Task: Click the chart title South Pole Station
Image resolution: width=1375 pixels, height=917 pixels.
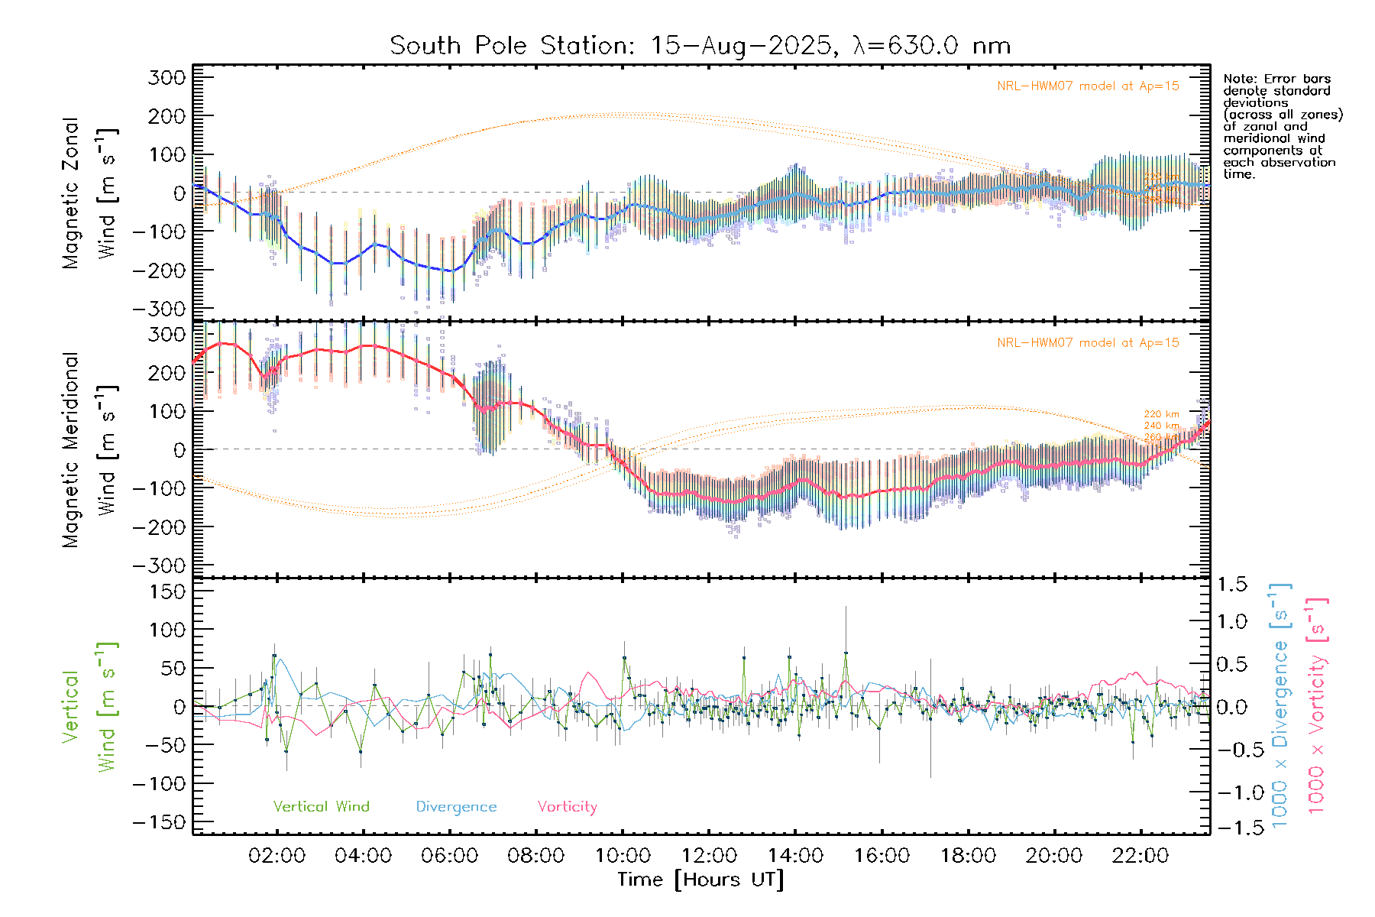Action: point(700,46)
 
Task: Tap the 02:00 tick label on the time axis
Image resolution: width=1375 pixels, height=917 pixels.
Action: point(277,856)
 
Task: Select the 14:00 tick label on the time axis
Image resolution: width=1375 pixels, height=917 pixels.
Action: point(795,856)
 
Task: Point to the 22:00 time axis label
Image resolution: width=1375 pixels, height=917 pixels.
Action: point(1140,856)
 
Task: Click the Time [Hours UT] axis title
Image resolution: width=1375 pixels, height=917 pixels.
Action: point(700,880)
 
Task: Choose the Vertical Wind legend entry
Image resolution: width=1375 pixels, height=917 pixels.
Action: point(321,807)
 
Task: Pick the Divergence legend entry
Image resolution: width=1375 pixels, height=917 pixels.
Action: point(456,807)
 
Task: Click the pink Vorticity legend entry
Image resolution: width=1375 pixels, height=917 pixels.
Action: point(567,807)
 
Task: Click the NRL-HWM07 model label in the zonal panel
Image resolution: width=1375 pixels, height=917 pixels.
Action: point(1088,86)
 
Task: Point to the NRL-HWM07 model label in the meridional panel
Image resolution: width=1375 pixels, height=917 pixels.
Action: point(1088,343)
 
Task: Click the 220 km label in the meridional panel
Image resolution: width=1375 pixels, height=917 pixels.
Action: point(1161,414)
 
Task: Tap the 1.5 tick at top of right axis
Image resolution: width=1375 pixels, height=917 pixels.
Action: point(1232,585)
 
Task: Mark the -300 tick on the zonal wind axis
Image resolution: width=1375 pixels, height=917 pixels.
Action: point(160,309)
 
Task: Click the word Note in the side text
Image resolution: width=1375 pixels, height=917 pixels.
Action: point(1238,79)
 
